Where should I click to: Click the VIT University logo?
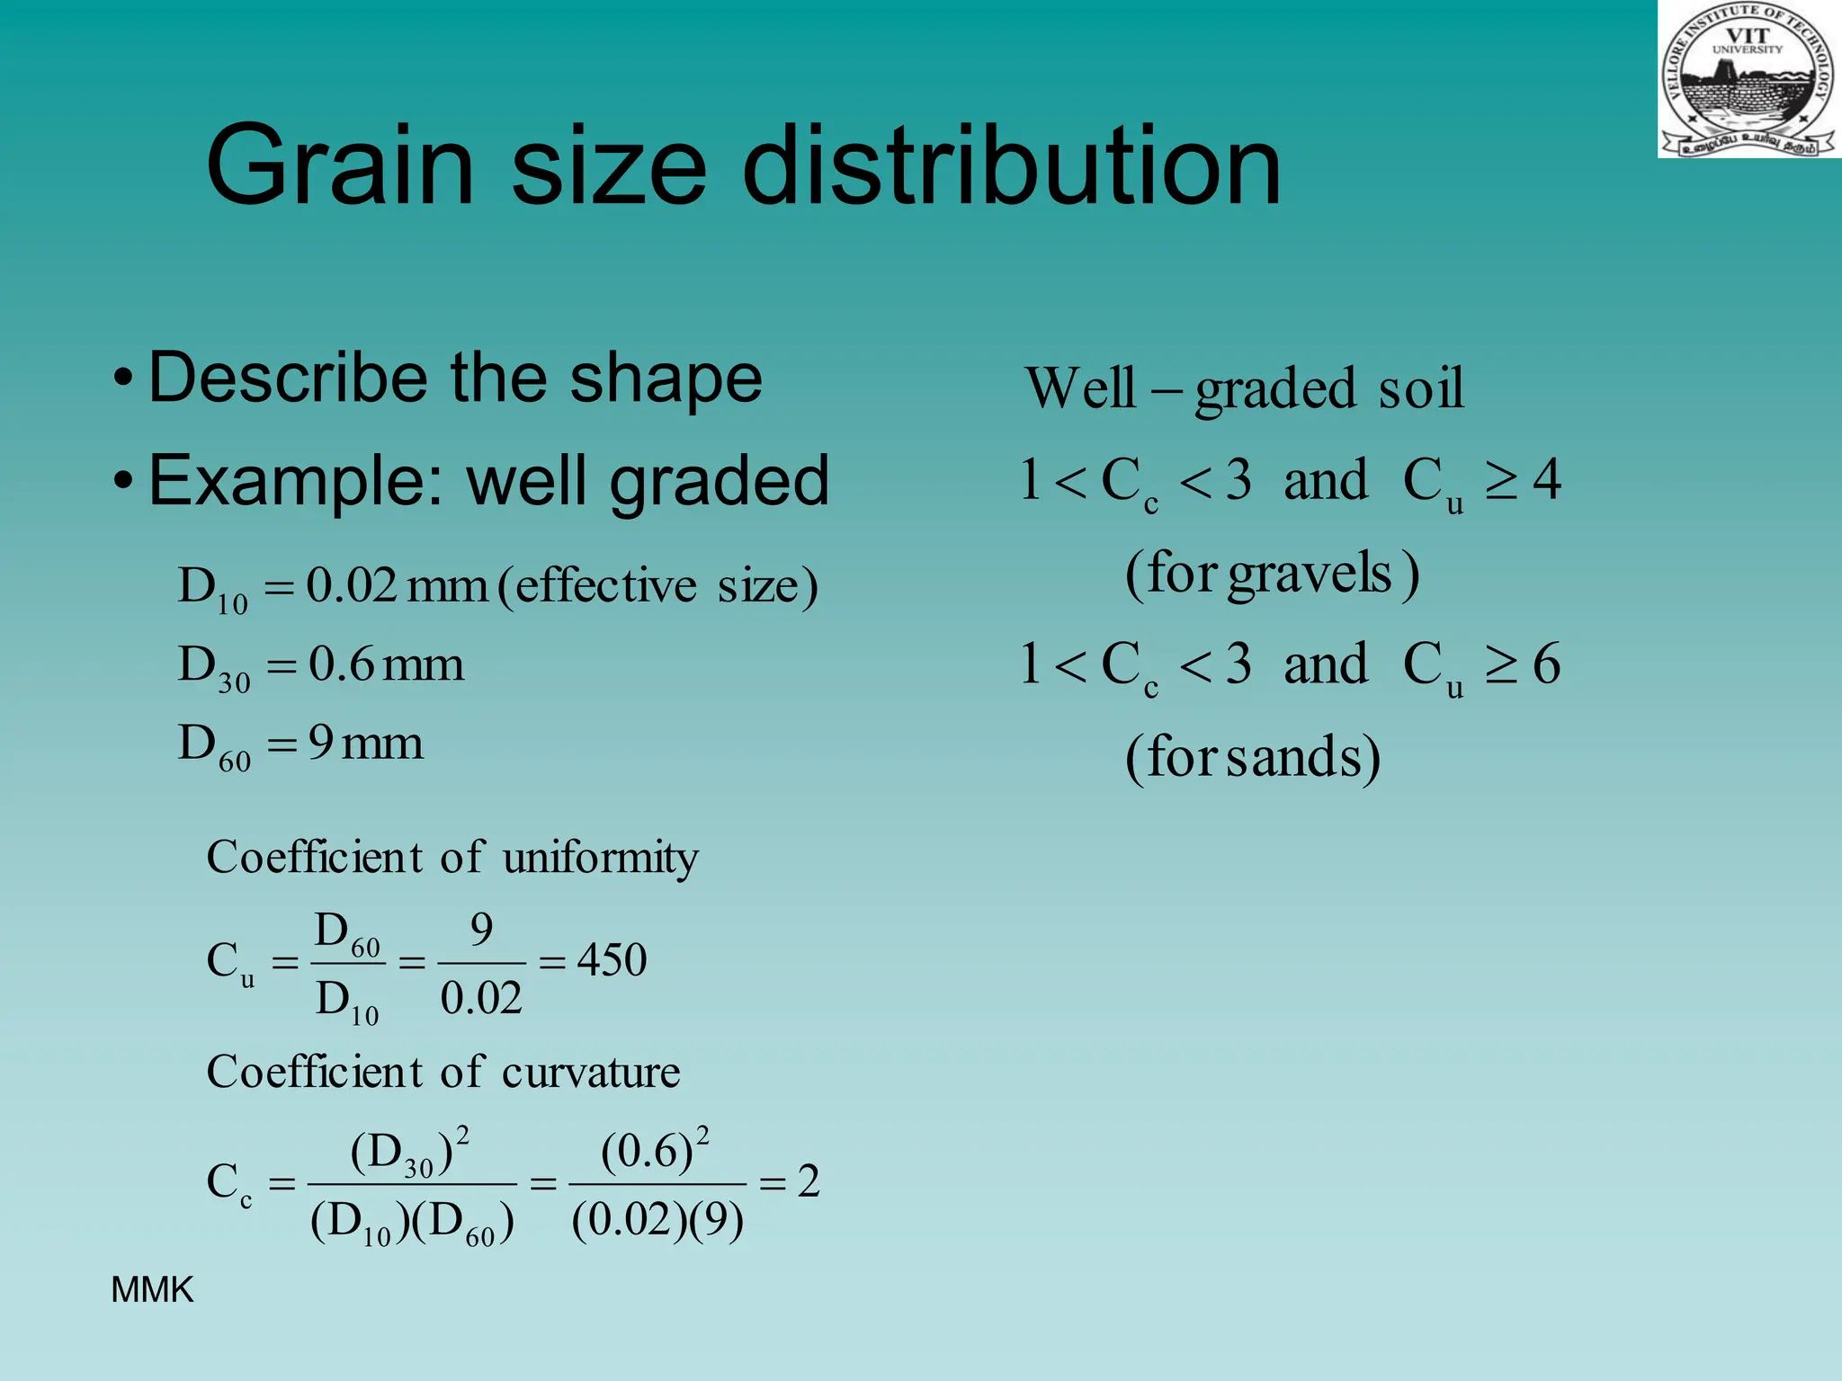(x=1748, y=80)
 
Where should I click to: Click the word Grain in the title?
(x=339, y=166)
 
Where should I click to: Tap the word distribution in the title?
(x=1011, y=166)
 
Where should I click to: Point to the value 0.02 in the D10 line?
(x=352, y=586)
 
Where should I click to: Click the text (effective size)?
(x=657, y=586)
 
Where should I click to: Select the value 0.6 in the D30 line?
(x=341, y=664)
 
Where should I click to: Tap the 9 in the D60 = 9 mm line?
(x=321, y=744)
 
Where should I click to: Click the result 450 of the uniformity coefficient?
(x=612, y=959)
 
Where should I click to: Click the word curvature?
(x=590, y=1072)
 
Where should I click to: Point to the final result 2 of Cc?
(x=809, y=1181)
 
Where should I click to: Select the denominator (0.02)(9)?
(x=657, y=1220)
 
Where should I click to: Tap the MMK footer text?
(x=151, y=1290)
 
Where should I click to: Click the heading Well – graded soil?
(x=1245, y=388)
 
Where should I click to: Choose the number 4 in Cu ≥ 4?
(x=1546, y=480)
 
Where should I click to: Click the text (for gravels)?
(x=1272, y=573)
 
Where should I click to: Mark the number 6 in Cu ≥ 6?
(x=1546, y=664)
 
